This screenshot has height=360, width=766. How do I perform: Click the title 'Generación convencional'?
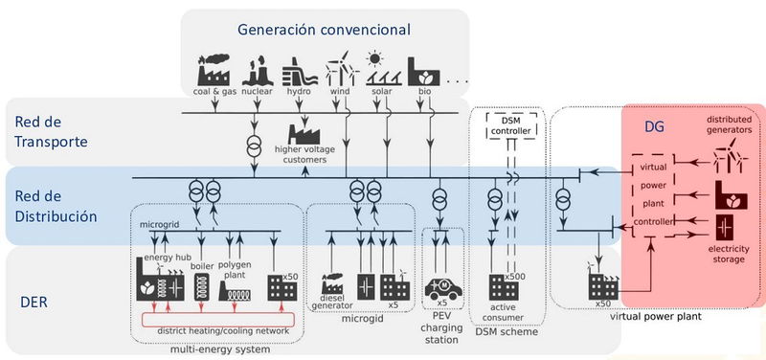tap(324, 30)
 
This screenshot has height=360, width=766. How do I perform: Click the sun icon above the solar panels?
tap(377, 56)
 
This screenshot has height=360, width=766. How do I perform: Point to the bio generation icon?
tap(425, 72)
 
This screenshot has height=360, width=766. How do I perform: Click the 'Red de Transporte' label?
tap(52, 132)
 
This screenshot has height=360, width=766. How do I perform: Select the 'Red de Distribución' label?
tap(56, 205)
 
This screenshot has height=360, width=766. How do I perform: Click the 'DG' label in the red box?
tap(654, 127)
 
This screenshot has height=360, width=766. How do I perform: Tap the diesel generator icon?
tap(334, 284)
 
